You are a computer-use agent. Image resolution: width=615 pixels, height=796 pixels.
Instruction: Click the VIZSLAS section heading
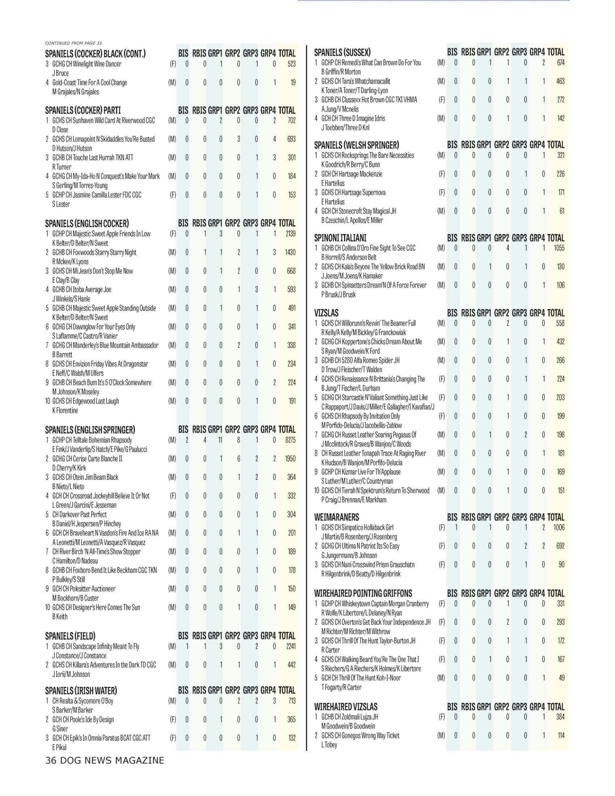pyautogui.click(x=326, y=313)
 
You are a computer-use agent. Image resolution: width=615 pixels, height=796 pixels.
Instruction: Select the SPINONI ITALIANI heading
pyautogui.click(x=340, y=238)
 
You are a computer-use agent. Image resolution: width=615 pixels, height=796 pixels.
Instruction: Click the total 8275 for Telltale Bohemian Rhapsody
pyautogui.click(x=290, y=440)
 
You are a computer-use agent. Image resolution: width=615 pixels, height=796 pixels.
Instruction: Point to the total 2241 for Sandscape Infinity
pyautogui.click(x=290, y=647)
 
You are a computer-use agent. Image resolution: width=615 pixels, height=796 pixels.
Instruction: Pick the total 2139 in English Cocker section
pyautogui.click(x=290, y=234)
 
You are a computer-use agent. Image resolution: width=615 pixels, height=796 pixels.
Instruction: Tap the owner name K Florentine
pyautogui.click(x=65, y=410)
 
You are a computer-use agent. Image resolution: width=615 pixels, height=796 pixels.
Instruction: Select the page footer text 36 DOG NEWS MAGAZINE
pyautogui.click(x=105, y=760)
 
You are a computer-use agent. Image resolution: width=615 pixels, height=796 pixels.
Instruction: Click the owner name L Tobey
pyautogui.click(x=329, y=745)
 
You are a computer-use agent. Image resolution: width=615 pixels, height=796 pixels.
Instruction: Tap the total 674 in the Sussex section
pyautogui.click(x=560, y=63)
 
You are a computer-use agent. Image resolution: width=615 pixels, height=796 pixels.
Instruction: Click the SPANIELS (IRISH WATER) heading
pyautogui.click(x=81, y=691)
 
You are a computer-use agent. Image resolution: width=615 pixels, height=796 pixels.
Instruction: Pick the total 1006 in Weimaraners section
pyautogui.click(x=559, y=528)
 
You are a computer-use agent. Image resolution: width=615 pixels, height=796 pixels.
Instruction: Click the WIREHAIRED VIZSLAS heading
pyautogui.click(x=346, y=707)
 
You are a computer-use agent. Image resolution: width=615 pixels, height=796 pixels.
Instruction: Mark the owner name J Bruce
pyautogui.click(x=60, y=73)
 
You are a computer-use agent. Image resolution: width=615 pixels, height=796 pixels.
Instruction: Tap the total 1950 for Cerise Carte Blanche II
pyautogui.click(x=290, y=459)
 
